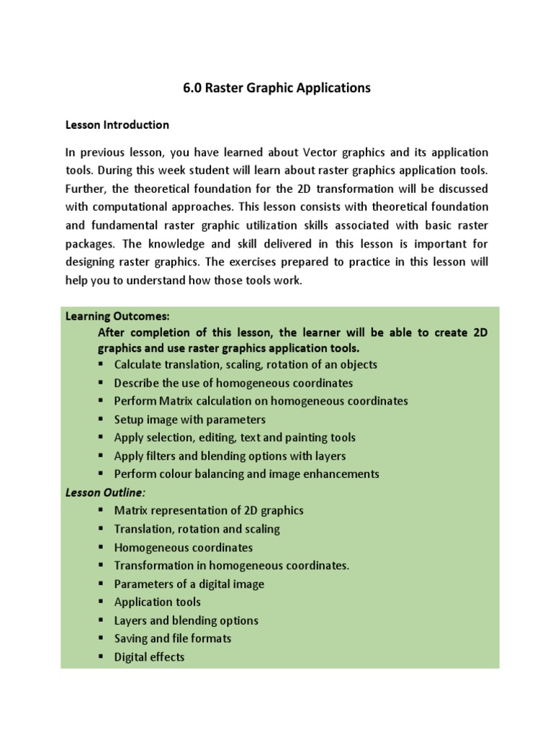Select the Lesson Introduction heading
pyautogui.click(x=117, y=125)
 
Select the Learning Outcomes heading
pyautogui.click(x=117, y=316)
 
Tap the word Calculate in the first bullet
pyautogui.click(x=138, y=365)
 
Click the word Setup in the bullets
pyautogui.click(x=129, y=420)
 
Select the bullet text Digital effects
pyautogui.click(x=149, y=657)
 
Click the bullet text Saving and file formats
pyautogui.click(x=173, y=638)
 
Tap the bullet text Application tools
pyautogui.click(x=158, y=602)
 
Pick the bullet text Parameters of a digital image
pyautogui.click(x=189, y=584)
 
